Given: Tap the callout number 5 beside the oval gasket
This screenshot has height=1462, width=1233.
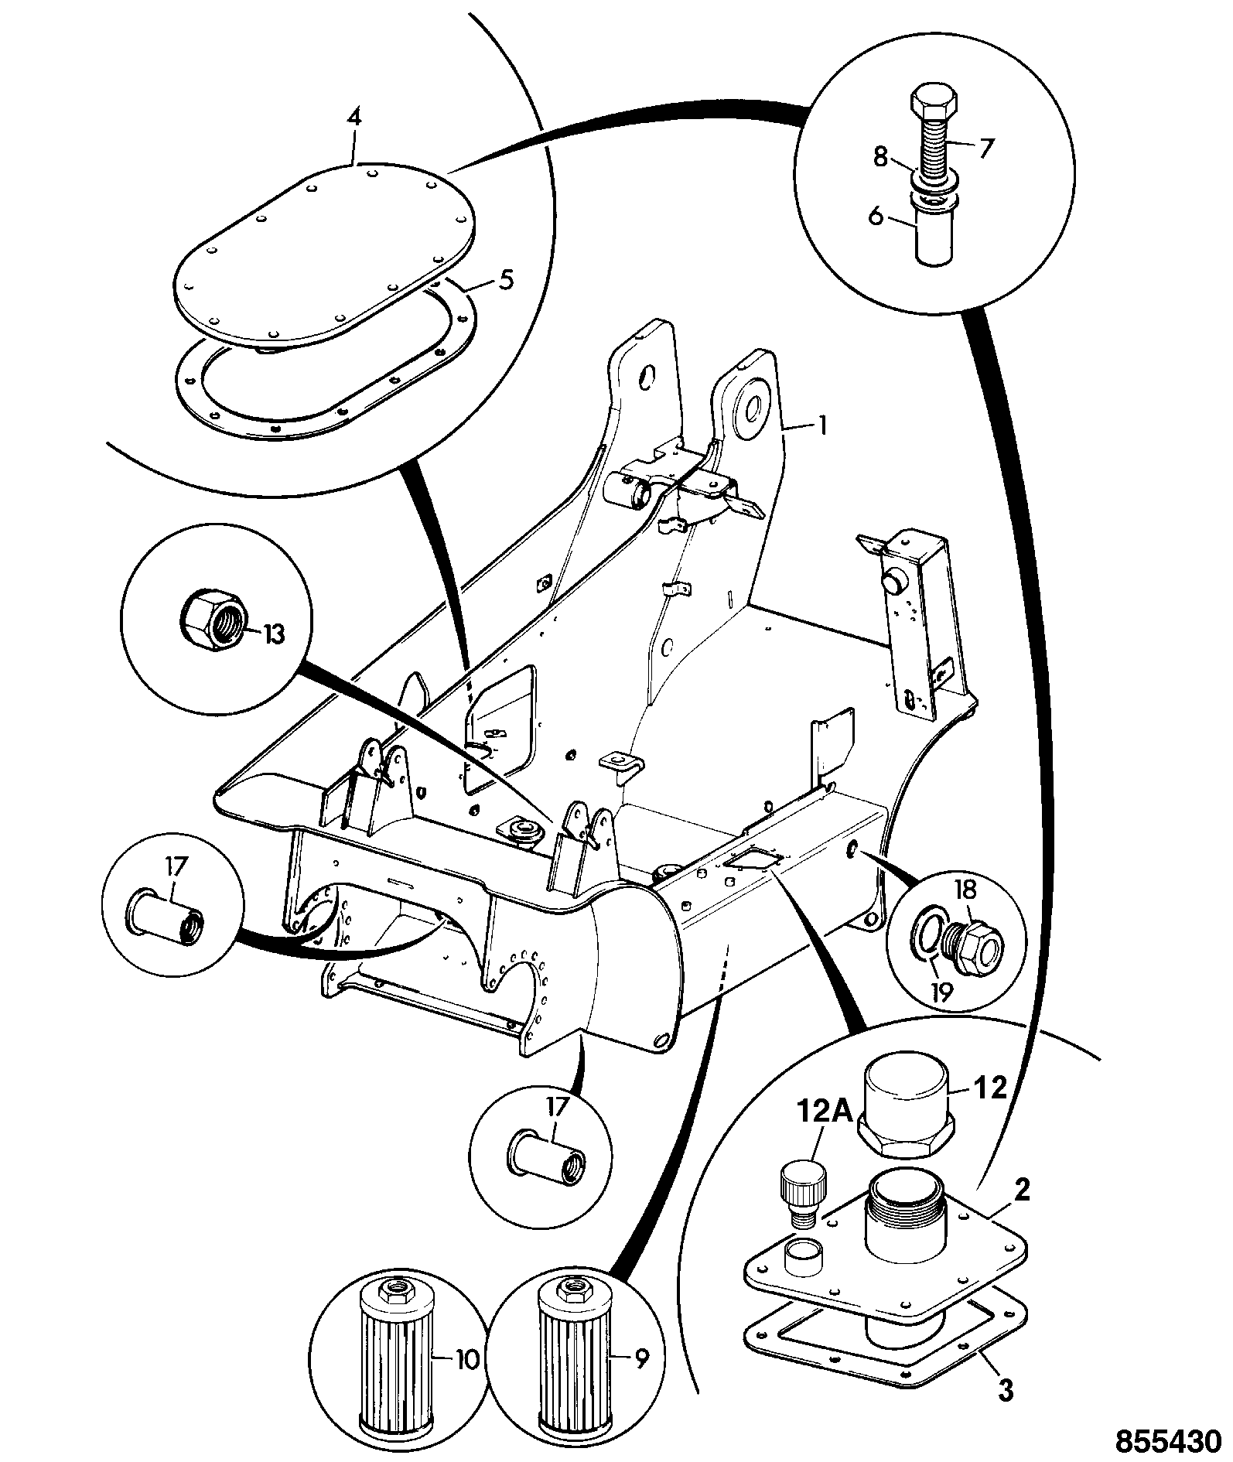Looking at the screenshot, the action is pyautogui.click(x=505, y=280).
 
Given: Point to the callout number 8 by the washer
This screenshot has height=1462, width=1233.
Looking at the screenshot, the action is pyautogui.click(x=880, y=158).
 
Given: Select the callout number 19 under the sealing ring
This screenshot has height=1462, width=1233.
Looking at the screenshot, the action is pyautogui.click(x=941, y=991).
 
